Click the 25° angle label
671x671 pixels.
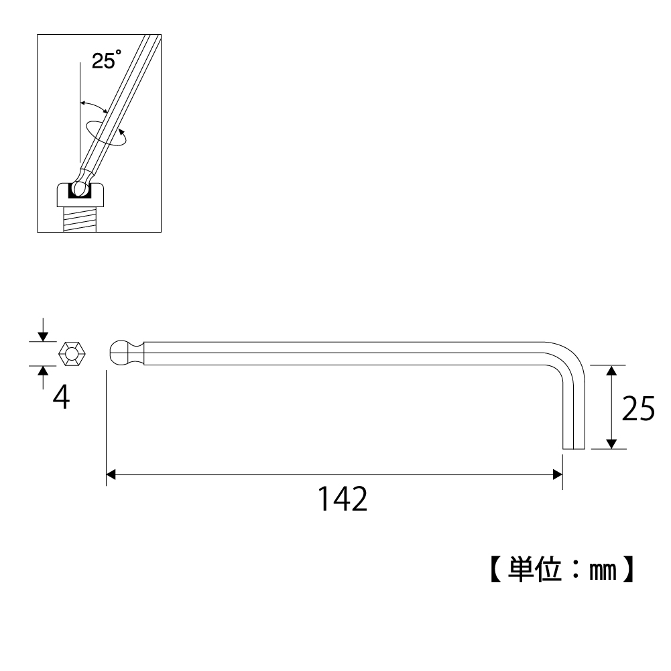click(107, 60)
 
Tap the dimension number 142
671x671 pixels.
click(343, 499)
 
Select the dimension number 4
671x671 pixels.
click(61, 398)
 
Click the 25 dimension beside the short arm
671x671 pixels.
click(638, 408)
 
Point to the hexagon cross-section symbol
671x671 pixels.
click(72, 354)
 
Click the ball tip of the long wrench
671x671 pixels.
click(121, 353)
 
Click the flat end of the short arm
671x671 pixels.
click(574, 449)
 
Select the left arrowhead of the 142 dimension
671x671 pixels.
click(111, 474)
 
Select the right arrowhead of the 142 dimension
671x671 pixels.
click(558, 474)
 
